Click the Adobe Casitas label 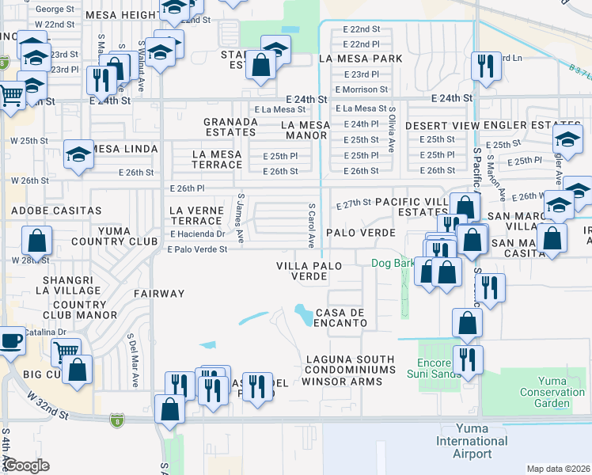tap(56, 211)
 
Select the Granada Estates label tap(230, 127)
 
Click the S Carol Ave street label tap(312, 223)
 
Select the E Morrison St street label tap(361, 90)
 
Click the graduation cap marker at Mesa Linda tap(79, 155)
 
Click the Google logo tap(26, 465)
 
